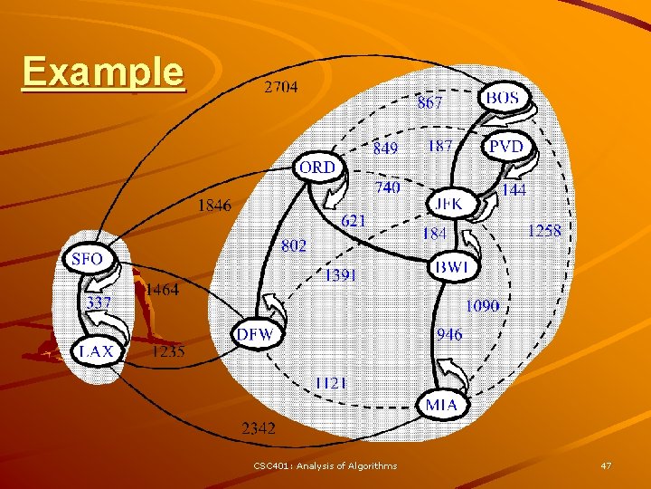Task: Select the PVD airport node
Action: pyautogui.click(x=506, y=146)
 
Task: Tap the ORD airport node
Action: pyautogui.click(x=317, y=168)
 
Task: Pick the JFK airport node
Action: pyautogui.click(x=448, y=205)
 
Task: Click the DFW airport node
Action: pyautogui.click(x=255, y=334)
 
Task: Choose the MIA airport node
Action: pyautogui.click(x=443, y=405)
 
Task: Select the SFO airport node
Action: pyautogui.click(x=87, y=259)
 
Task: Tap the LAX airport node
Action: pyautogui.click(x=97, y=350)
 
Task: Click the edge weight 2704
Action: pyautogui.click(x=280, y=88)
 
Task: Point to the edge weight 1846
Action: pyautogui.click(x=214, y=206)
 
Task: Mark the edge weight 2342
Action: pyautogui.click(x=258, y=427)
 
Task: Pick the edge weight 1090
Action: pyautogui.click(x=482, y=306)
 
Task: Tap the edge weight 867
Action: pyautogui.click(x=429, y=103)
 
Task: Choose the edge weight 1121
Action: pyautogui.click(x=331, y=383)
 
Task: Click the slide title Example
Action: pyautogui.click(x=103, y=72)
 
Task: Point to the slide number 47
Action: pyautogui.click(x=606, y=465)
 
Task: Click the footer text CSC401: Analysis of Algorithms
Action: pyautogui.click(x=325, y=465)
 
